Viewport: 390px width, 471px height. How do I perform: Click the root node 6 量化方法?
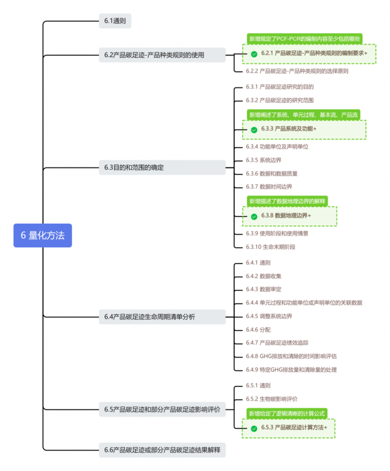coord(43,235)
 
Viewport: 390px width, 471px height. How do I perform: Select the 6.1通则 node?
coord(115,20)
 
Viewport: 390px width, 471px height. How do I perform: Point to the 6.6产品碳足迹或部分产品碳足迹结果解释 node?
coord(162,450)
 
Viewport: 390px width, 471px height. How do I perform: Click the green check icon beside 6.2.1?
coord(254,54)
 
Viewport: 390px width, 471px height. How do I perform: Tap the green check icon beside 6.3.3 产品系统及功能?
coord(254,130)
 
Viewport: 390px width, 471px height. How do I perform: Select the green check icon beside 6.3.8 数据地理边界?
coord(254,216)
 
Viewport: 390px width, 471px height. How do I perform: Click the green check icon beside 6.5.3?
coord(254,429)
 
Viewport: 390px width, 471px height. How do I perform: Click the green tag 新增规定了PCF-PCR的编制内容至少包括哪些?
coord(304,39)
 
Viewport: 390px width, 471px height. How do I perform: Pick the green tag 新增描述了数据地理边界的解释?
coord(287,201)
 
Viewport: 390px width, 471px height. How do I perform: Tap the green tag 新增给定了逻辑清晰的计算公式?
coord(287,414)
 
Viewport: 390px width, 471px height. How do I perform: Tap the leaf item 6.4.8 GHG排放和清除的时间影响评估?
coord(294,356)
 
